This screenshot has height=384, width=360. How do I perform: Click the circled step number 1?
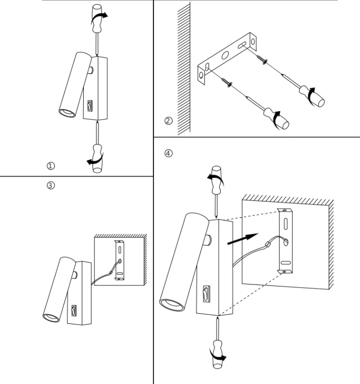[50, 166]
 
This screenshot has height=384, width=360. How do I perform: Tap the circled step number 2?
[168, 121]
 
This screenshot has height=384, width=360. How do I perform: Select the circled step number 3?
[50, 185]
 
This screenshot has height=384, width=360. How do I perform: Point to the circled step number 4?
[168, 153]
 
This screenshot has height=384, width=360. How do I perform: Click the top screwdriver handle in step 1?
[97, 18]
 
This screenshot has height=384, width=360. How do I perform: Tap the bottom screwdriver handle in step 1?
[97, 159]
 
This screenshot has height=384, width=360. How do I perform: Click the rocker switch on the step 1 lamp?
[90, 106]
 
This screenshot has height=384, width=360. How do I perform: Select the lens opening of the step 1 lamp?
[67, 113]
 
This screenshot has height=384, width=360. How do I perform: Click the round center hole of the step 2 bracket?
[225, 55]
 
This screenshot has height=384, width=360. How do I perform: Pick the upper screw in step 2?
[262, 60]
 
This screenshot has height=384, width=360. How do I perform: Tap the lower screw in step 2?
[227, 82]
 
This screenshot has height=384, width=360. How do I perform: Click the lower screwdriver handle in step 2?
[277, 119]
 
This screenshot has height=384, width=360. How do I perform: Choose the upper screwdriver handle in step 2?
[312, 96]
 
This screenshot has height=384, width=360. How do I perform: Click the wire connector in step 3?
[111, 272]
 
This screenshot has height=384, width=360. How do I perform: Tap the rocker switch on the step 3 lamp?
[74, 311]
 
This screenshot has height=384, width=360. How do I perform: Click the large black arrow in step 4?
[243, 239]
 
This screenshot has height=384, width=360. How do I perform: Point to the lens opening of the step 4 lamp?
[172, 305]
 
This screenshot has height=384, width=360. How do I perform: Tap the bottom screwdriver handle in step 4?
[217, 354]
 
